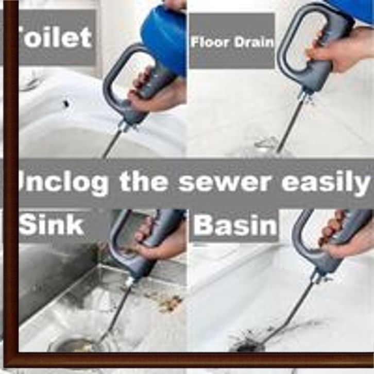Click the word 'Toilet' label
pos(55,38)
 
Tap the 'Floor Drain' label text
pos(232,42)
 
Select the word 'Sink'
pos(52,224)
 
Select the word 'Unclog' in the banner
pos(63,183)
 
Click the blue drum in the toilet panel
pos(164,38)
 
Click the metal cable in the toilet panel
pos(113,144)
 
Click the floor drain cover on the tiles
pos(266,144)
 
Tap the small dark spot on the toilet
pos(66,104)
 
